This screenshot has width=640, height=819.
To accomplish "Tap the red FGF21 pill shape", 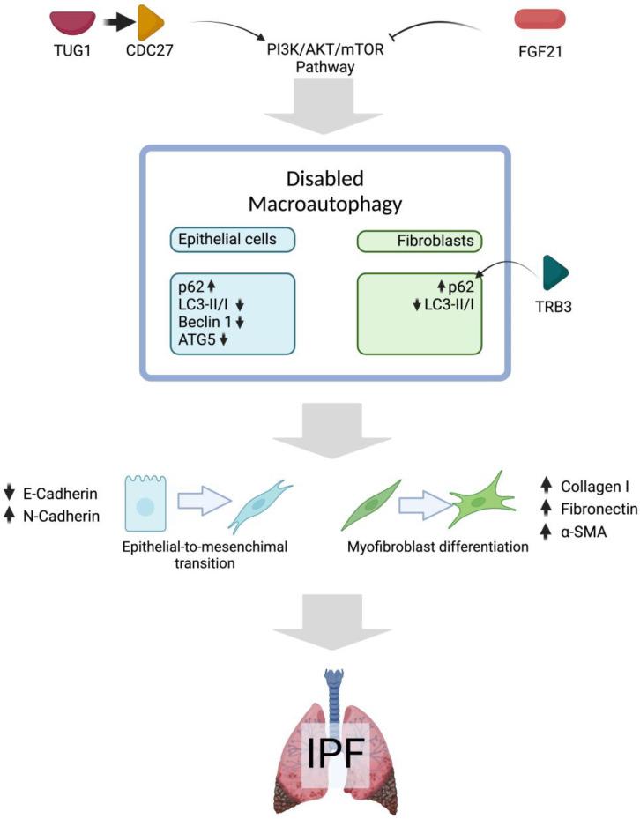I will coord(540,19).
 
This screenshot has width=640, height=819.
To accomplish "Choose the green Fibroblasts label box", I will coord(419,239).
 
